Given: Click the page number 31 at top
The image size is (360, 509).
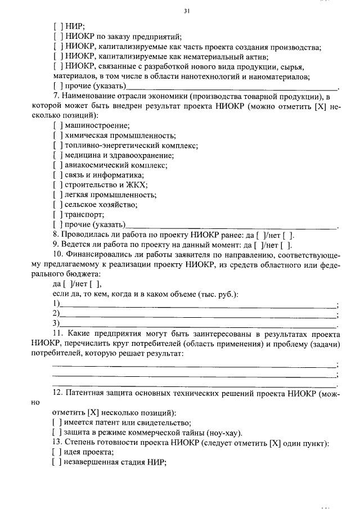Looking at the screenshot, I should click(x=187, y=11).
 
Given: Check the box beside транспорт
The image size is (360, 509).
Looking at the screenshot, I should click(x=57, y=215).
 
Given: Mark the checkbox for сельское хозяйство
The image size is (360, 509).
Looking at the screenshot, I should click(x=57, y=205).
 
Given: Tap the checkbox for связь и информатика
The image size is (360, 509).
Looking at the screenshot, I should click(x=57, y=175).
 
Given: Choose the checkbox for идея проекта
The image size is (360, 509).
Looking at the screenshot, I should click(x=57, y=453).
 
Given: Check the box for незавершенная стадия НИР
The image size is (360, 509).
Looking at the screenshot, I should click(x=57, y=463).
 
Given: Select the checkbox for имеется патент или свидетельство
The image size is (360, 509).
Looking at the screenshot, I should click(x=57, y=423).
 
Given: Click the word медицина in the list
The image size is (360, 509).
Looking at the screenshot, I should click(x=82, y=155).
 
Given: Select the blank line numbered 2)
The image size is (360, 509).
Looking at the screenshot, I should click(x=197, y=314).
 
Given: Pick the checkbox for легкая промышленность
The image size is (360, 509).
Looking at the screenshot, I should click(x=57, y=195).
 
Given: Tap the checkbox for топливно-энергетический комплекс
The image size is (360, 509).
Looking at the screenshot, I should click(x=57, y=145).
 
